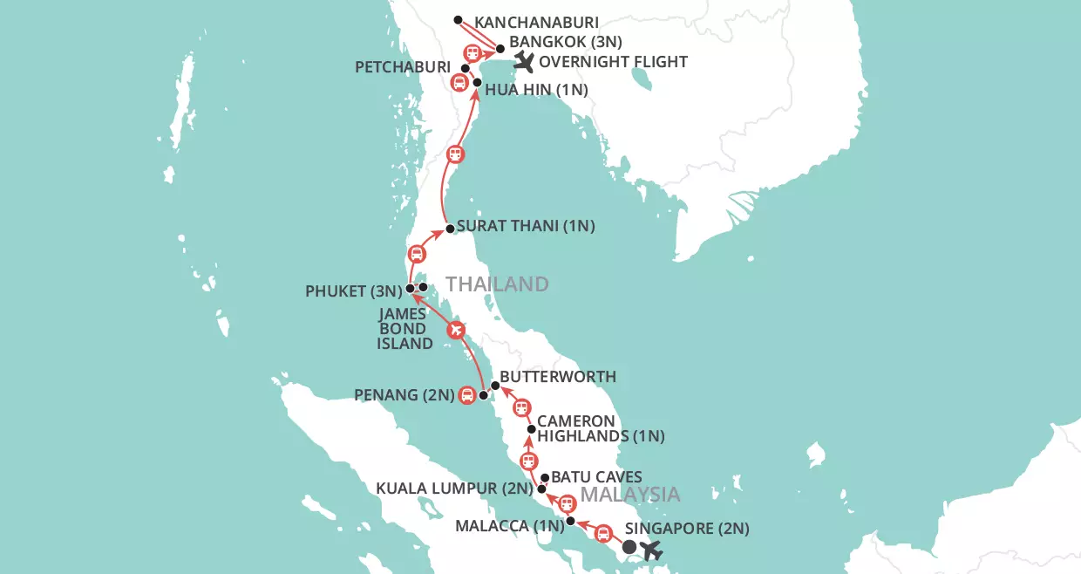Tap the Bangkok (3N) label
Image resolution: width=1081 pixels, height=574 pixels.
568,41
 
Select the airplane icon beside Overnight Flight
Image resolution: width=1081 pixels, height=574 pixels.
524,61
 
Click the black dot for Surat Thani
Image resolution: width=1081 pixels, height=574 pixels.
450,229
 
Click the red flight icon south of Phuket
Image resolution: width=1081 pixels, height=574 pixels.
455,331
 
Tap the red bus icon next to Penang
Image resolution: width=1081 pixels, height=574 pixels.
467,395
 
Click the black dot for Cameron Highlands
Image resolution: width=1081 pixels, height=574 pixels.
531,428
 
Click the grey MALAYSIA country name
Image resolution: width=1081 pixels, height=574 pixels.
629,495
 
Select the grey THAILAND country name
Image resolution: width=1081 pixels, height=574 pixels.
497,284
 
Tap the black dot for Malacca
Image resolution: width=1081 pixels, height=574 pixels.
571,522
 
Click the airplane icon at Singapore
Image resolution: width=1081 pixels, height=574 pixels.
651,550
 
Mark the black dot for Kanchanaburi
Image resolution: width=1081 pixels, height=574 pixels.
459,19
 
